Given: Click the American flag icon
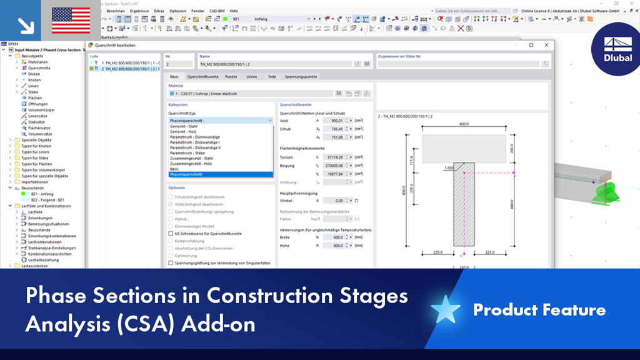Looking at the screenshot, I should [70, 21].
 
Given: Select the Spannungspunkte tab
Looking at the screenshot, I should [301, 76].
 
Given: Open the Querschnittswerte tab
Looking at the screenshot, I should [202, 76].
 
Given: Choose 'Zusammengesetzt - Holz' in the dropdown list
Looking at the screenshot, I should [191, 164].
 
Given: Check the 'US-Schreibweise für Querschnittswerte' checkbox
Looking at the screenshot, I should [171, 233].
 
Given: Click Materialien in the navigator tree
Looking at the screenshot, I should [37, 62].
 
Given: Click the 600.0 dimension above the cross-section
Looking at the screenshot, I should [462, 124].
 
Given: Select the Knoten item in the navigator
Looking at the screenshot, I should [34, 80].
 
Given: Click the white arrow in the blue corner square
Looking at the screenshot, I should [26, 24].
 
